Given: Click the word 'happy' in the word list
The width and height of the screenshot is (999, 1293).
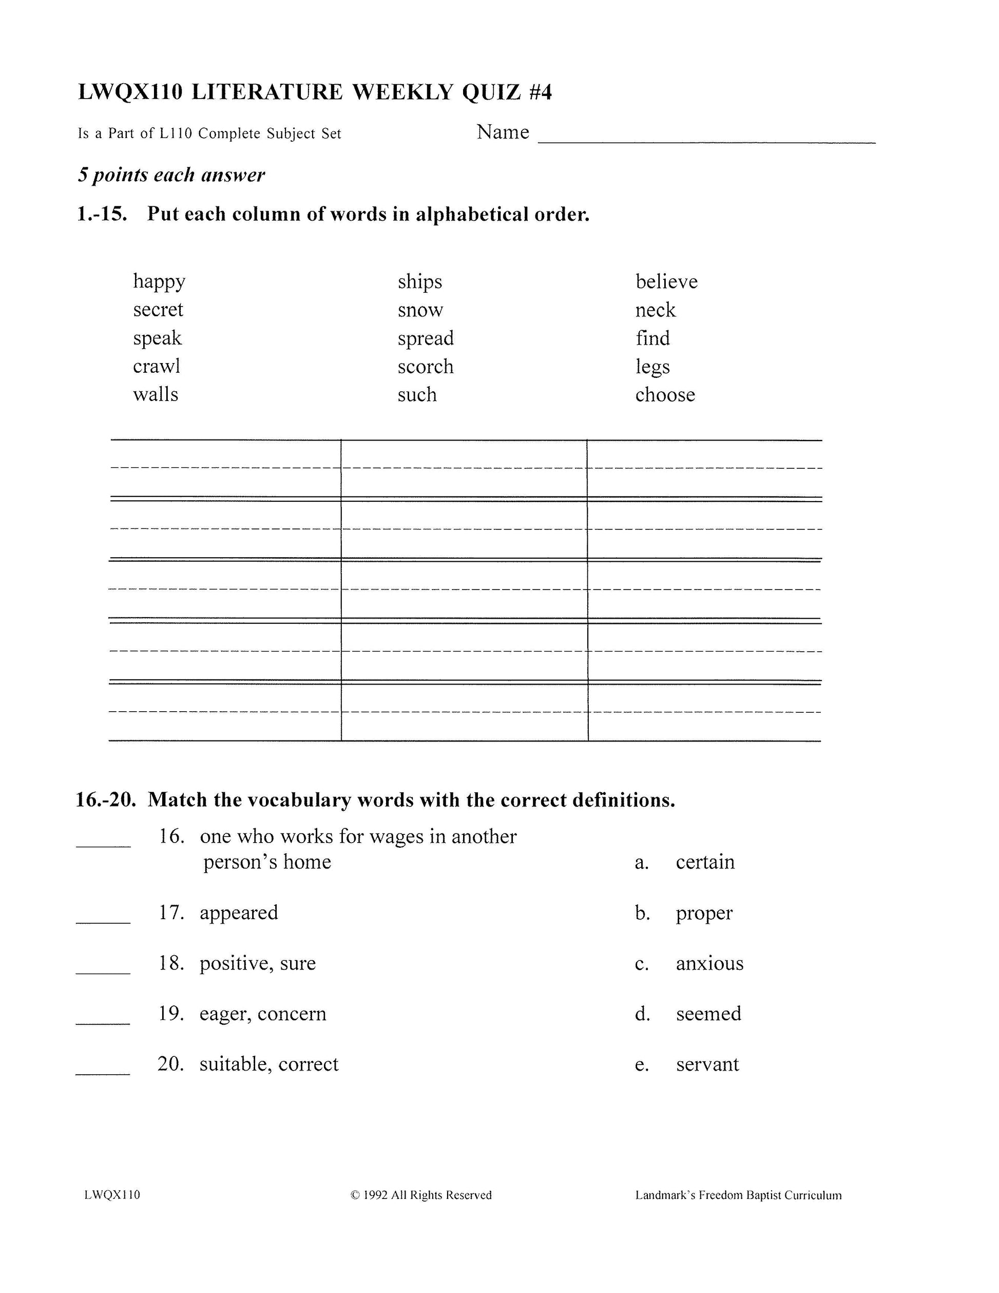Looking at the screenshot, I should pos(159,282).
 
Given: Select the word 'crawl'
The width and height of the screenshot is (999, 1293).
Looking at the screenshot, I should pos(156,367).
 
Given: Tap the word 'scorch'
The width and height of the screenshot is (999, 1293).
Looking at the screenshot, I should pos(426,367).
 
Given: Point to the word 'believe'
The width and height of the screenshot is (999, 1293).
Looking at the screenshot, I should pos(666,282).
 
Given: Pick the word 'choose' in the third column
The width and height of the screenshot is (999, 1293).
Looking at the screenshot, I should pos(665,395).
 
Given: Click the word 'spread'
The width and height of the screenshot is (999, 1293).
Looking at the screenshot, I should pos(426,338).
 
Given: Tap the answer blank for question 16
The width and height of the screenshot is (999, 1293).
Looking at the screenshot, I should pos(103,845).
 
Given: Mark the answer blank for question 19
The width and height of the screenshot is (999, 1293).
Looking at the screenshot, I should pos(103,1022).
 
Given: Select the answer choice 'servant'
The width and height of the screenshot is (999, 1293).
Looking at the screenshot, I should pos(707,1064).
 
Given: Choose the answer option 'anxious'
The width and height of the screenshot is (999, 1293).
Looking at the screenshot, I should pos(709,963).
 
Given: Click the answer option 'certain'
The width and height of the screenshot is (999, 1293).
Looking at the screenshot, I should pos(705,862).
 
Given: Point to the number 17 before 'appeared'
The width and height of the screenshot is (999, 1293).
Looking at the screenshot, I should pos(171,912).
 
